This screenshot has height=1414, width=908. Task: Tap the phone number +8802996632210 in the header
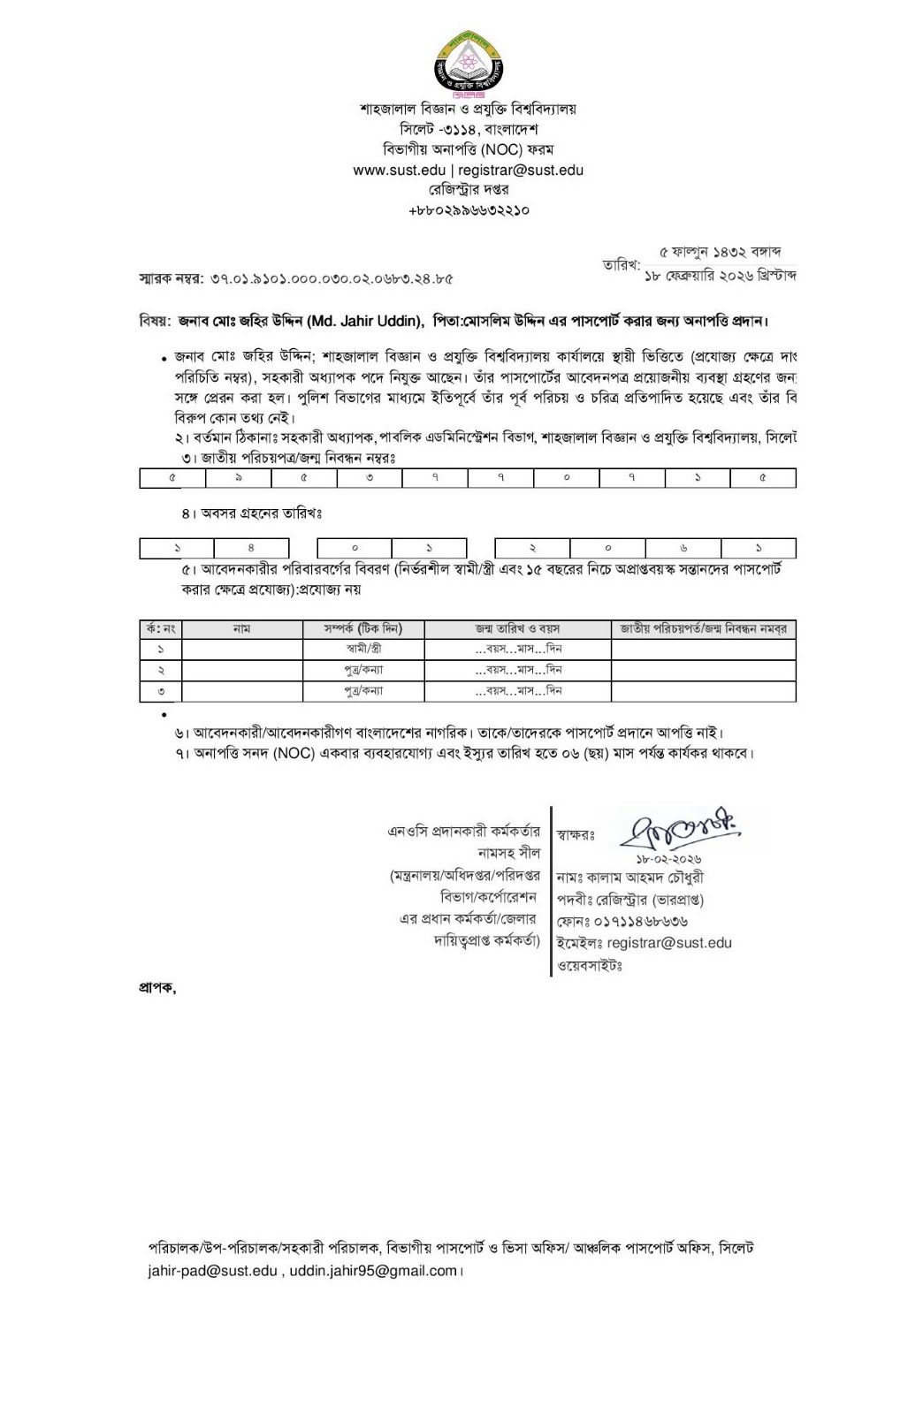pos(469,210)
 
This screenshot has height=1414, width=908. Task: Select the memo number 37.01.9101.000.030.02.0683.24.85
pos(332,278)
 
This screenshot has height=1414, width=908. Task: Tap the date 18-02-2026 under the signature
pos(668,859)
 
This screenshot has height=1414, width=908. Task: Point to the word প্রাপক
pos(156,988)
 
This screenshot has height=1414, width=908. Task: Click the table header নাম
pos(241,629)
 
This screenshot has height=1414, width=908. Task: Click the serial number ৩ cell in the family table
pos(161,691)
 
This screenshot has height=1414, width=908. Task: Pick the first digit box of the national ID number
pos(172,478)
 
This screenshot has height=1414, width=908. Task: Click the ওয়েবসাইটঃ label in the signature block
pos(590,965)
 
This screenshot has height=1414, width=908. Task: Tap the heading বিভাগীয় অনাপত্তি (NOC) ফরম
pos(468,149)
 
